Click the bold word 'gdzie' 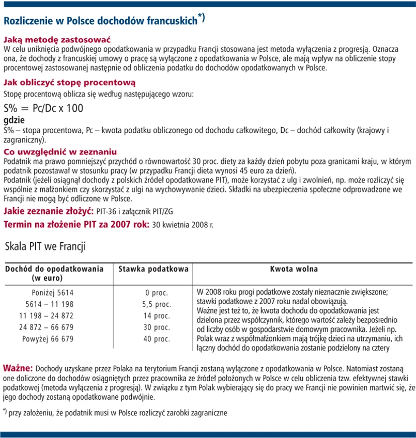(x=14, y=120)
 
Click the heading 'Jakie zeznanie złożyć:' (x=48, y=212)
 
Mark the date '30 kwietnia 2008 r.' (x=183, y=225)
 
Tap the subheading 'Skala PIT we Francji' (x=45, y=246)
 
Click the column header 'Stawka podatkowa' (x=153, y=269)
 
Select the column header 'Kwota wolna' (x=294, y=269)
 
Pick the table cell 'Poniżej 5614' (x=53, y=292)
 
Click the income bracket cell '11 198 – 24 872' (x=47, y=316)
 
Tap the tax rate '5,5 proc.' (x=156, y=304)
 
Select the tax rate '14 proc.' (x=156, y=316)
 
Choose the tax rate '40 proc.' (x=156, y=339)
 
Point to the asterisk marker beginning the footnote (x=5, y=411)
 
